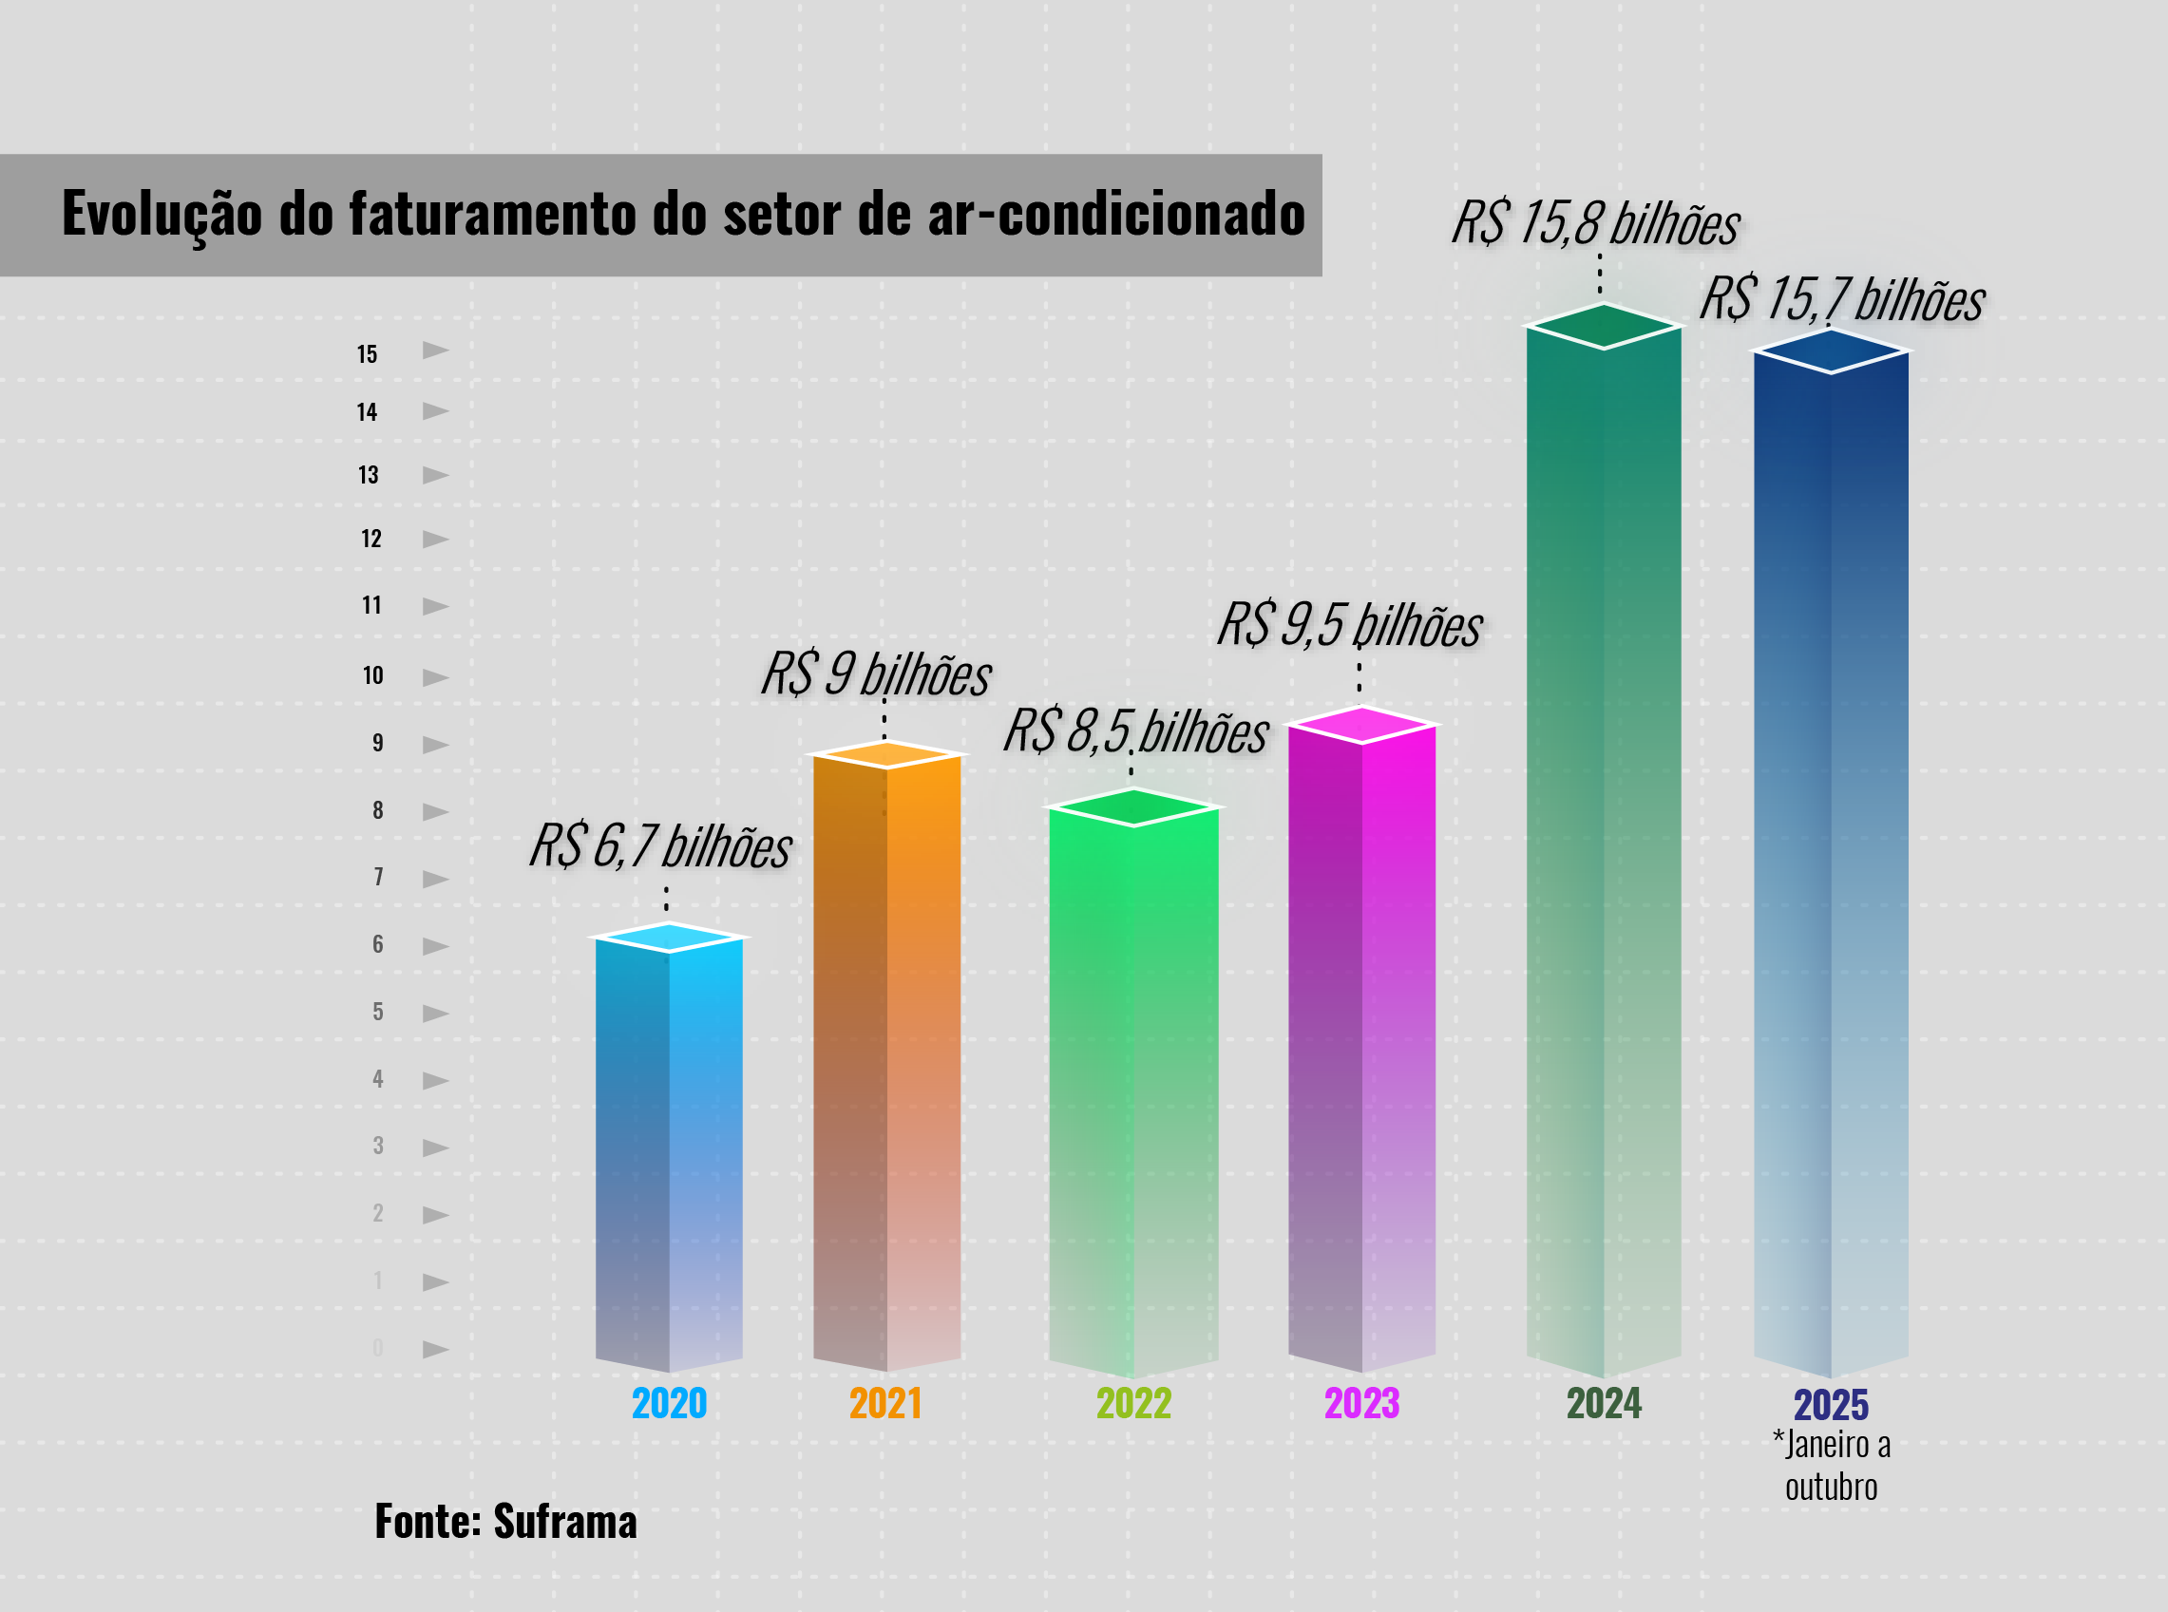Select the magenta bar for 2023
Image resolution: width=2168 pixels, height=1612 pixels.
point(1361,1044)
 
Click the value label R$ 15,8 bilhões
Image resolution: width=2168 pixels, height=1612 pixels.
point(1595,223)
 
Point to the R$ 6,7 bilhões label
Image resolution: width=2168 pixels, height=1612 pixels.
point(660,845)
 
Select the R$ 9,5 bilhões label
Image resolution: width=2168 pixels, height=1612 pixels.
point(1349,624)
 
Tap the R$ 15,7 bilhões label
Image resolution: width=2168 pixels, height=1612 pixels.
point(1842,298)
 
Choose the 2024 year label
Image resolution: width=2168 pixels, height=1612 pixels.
point(1604,1403)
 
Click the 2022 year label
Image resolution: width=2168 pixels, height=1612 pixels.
point(1132,1403)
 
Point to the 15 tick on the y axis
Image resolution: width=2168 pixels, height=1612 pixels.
point(367,354)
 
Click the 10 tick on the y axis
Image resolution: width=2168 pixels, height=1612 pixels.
point(372,675)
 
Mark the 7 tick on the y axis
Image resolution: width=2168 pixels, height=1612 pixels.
point(377,876)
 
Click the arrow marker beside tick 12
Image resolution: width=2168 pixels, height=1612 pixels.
point(435,539)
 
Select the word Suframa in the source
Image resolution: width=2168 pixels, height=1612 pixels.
point(565,1521)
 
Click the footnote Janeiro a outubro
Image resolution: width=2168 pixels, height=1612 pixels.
point(1831,1466)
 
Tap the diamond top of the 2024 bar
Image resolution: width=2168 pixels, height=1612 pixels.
point(1603,326)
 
